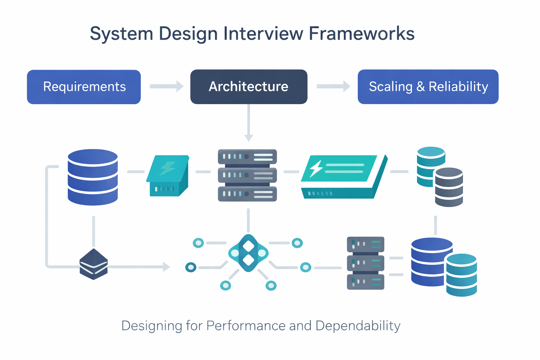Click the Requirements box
tap(84, 87)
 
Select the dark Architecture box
tap(249, 87)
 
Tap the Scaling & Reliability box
tap(428, 87)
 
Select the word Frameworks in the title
tap(362, 34)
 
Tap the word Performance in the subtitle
tap(246, 326)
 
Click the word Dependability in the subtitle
tap(358, 326)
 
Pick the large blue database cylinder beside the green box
tap(93, 177)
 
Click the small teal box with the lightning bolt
tap(168, 175)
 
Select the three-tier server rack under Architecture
tap(247, 175)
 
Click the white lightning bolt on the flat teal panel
tap(316, 168)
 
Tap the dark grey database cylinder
tap(449, 187)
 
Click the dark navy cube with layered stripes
tap(94, 264)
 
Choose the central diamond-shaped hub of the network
tap(249, 253)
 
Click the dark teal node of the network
tap(191, 268)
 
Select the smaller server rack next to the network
tap(366, 263)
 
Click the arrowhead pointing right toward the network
tap(166, 267)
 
